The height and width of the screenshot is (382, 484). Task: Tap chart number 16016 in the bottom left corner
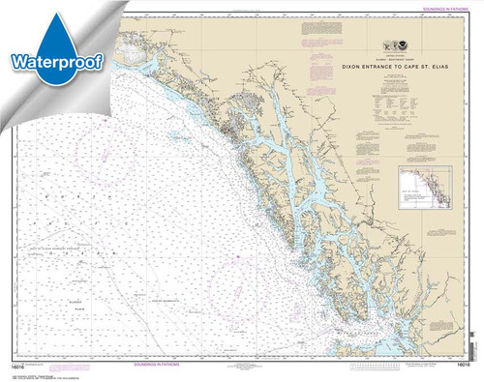click(26, 360)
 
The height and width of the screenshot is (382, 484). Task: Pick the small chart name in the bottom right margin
click(426, 359)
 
